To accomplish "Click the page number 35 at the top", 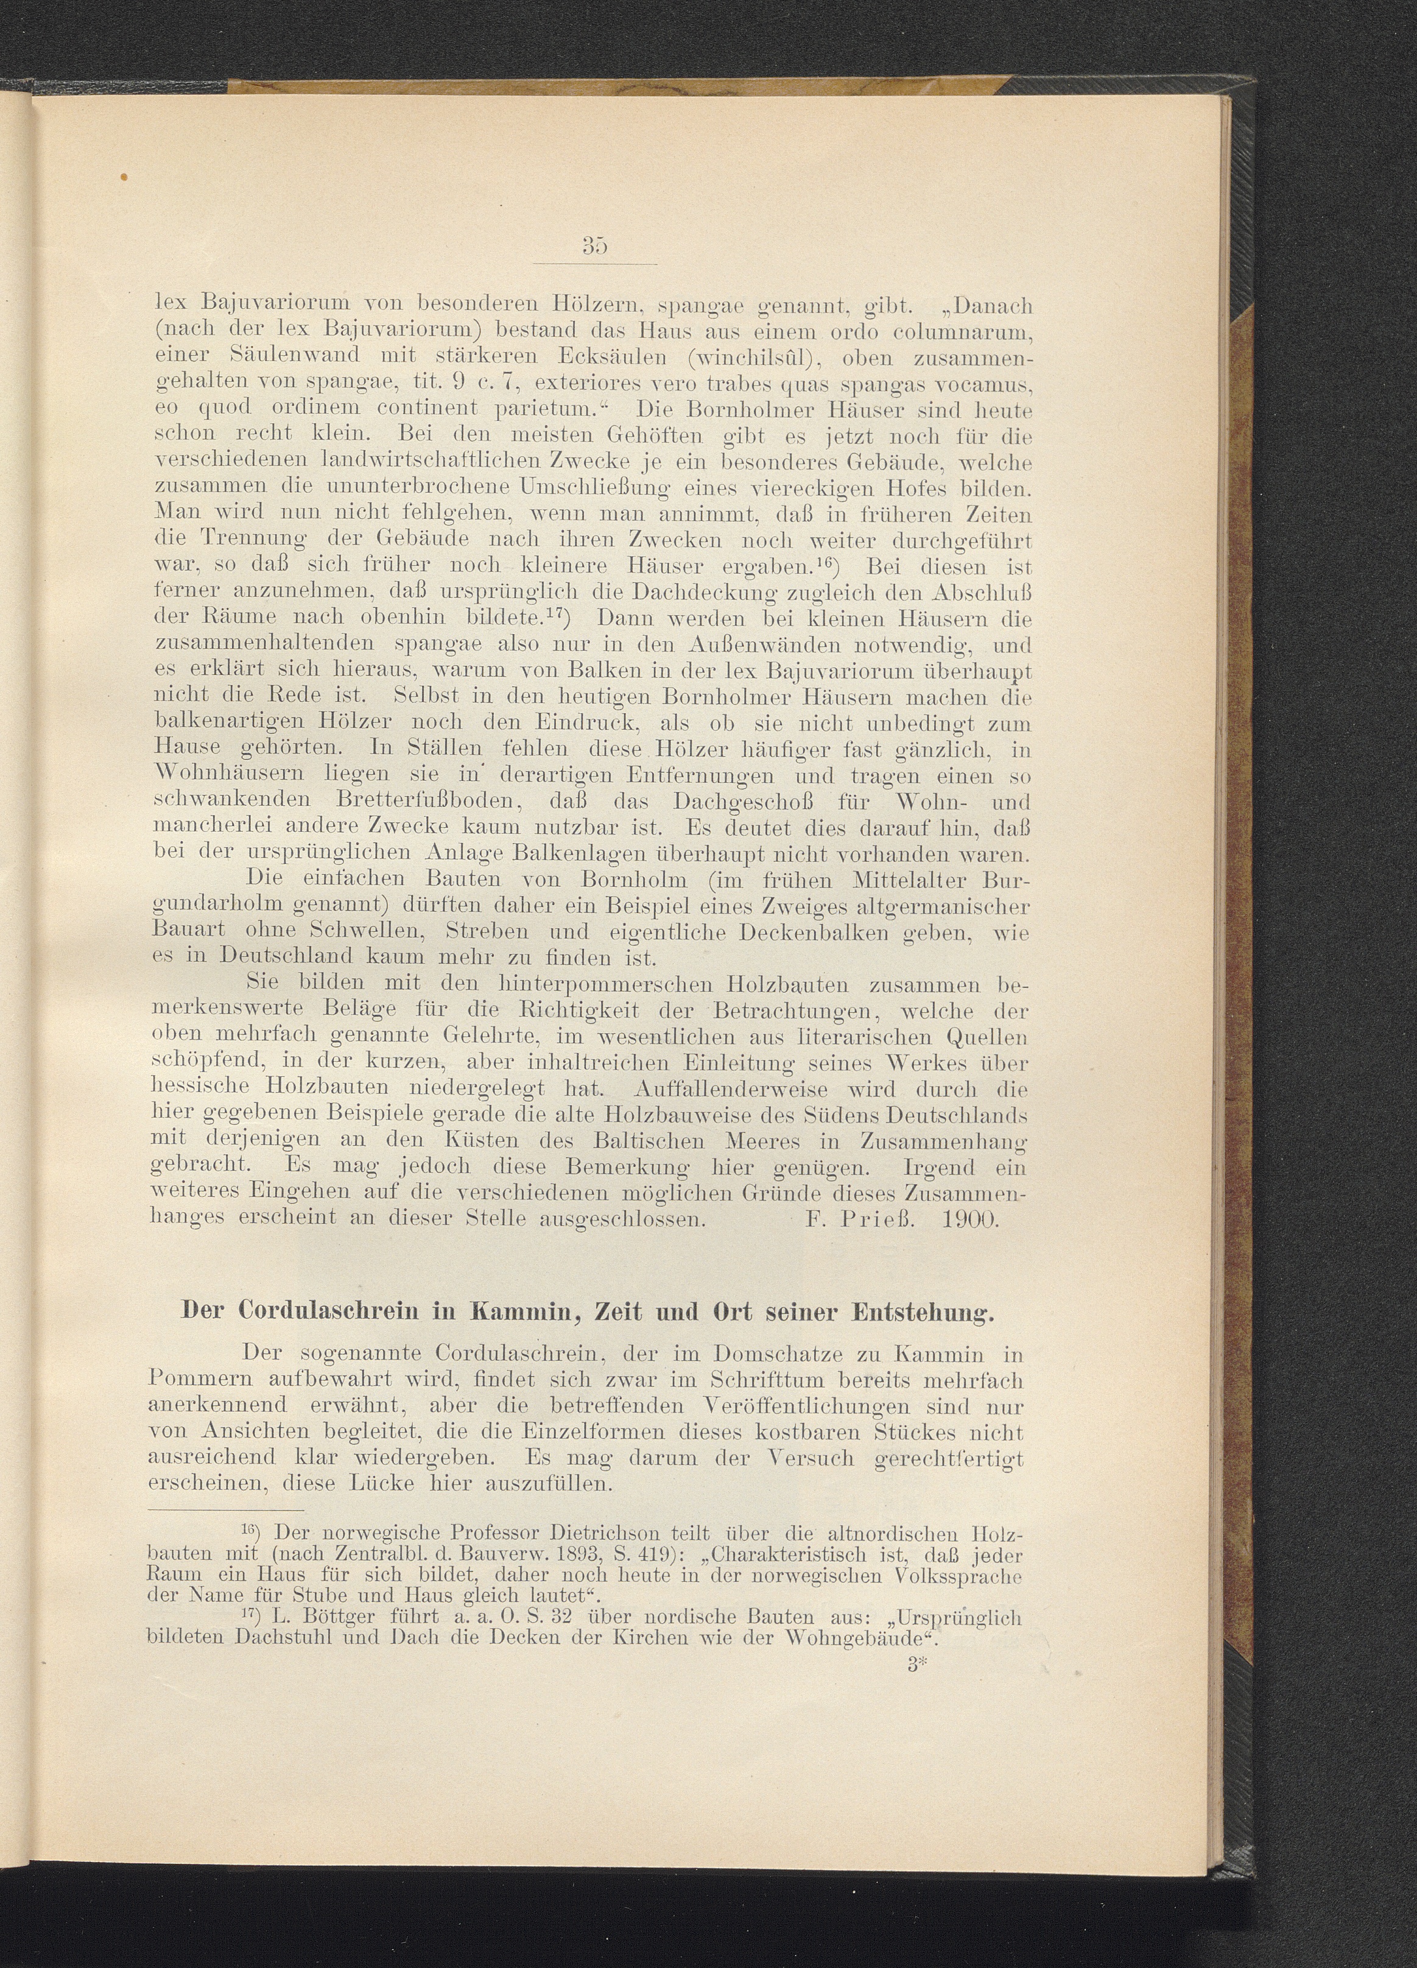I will [x=594, y=247].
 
